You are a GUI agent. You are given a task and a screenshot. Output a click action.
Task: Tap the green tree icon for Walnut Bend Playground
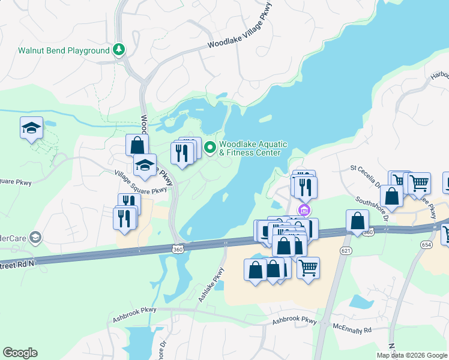(119, 50)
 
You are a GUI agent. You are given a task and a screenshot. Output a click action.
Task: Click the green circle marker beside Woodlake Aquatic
(210, 146)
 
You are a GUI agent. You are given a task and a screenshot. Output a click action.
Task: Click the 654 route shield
(427, 245)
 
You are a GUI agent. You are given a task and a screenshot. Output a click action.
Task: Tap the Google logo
(20, 353)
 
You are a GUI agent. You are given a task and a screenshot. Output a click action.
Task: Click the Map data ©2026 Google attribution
(412, 355)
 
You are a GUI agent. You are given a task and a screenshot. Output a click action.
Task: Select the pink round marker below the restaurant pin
(304, 209)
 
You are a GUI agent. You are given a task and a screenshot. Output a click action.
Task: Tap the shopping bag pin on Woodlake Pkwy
(137, 145)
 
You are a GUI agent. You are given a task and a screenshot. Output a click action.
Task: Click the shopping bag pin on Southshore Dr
(391, 196)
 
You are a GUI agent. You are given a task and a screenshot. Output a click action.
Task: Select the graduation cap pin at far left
(31, 128)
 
